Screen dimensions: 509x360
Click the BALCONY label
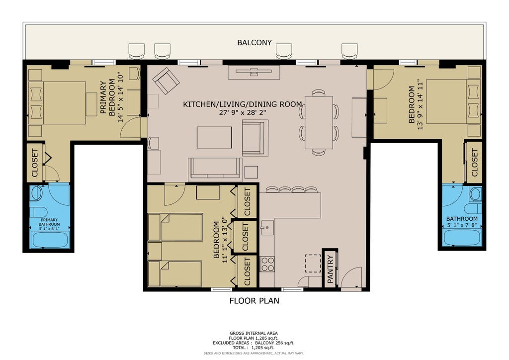[254, 43]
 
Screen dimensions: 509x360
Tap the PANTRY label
[330, 269]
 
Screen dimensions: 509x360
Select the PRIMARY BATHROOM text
[49, 222]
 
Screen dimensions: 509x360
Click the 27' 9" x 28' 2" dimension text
[243, 113]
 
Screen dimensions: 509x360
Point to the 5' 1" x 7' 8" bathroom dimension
[462, 225]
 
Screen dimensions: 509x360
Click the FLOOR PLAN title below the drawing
[254, 301]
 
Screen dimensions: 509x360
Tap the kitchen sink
[267, 227]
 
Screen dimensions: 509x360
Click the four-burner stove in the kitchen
[268, 264]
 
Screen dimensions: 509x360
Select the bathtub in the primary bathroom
[50, 240]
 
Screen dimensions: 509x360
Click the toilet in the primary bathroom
[37, 212]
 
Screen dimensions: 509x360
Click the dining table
[319, 122]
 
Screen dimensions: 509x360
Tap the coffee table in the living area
[214, 137]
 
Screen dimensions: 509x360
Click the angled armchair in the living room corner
[166, 81]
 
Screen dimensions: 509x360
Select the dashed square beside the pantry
[313, 263]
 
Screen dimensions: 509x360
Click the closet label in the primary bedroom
[35, 163]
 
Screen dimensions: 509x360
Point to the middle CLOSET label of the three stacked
[245, 237]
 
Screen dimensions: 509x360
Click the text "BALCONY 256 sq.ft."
[274, 343]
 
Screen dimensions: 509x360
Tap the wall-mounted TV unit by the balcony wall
[254, 72]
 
